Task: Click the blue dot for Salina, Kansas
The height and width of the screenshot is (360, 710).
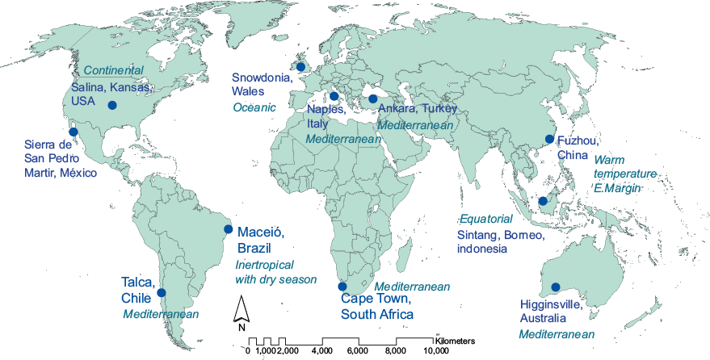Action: click(112, 105)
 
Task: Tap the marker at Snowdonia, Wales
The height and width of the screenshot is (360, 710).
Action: click(300, 66)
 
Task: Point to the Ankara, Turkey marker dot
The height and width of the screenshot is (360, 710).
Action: click(372, 99)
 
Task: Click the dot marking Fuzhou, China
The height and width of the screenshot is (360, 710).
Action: click(549, 139)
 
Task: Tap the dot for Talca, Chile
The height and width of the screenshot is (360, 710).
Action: click(162, 292)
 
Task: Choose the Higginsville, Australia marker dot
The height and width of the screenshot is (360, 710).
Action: click(555, 287)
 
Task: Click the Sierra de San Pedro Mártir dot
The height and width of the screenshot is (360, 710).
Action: click(73, 132)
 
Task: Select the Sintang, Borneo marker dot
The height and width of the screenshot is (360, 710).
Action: click(543, 201)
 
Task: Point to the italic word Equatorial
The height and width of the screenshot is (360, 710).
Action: click(485, 220)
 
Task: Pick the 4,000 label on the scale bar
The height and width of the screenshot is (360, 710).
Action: click(323, 351)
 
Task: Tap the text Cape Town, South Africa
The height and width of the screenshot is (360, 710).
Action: click(377, 307)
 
